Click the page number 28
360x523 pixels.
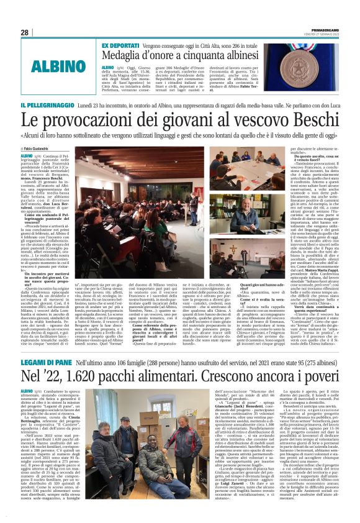25,32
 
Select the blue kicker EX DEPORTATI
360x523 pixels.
120,47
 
